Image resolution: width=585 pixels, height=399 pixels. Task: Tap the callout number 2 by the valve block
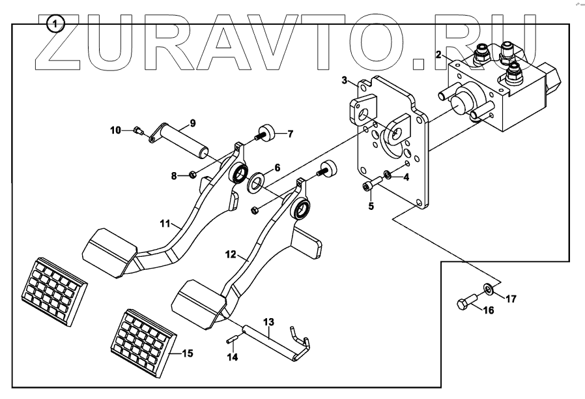(440, 54)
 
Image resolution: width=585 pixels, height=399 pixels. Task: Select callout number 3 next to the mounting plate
(344, 81)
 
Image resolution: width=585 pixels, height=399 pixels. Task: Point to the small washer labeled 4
(388, 174)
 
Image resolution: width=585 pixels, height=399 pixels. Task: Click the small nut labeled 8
(193, 174)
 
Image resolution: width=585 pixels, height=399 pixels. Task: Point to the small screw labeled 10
(137, 130)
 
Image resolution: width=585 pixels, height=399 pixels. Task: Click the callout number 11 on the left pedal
(164, 223)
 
